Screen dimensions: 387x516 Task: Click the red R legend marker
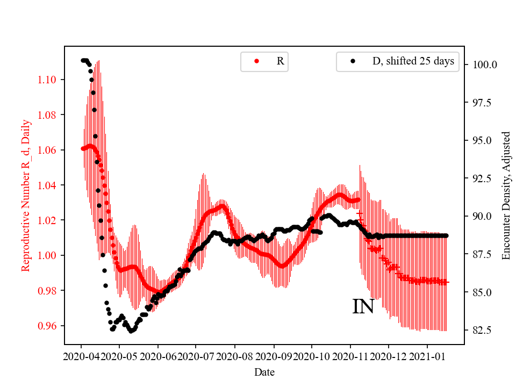[256, 61]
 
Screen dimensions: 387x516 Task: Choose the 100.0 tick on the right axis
[484, 64]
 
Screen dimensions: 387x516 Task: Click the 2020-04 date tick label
[81, 356]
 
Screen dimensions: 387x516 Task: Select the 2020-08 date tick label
[235, 356]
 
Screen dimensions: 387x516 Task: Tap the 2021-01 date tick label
[427, 356]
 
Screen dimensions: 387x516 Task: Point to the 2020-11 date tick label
[350, 356]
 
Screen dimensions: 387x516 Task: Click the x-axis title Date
[264, 371]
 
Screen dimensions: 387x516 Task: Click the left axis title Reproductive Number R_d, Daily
[25, 195]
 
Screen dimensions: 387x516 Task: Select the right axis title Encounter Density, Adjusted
[506, 195]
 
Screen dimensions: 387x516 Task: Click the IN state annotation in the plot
[363, 307]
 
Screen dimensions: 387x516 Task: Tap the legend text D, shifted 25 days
[413, 61]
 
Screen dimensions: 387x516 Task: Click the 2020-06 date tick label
[158, 356]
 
